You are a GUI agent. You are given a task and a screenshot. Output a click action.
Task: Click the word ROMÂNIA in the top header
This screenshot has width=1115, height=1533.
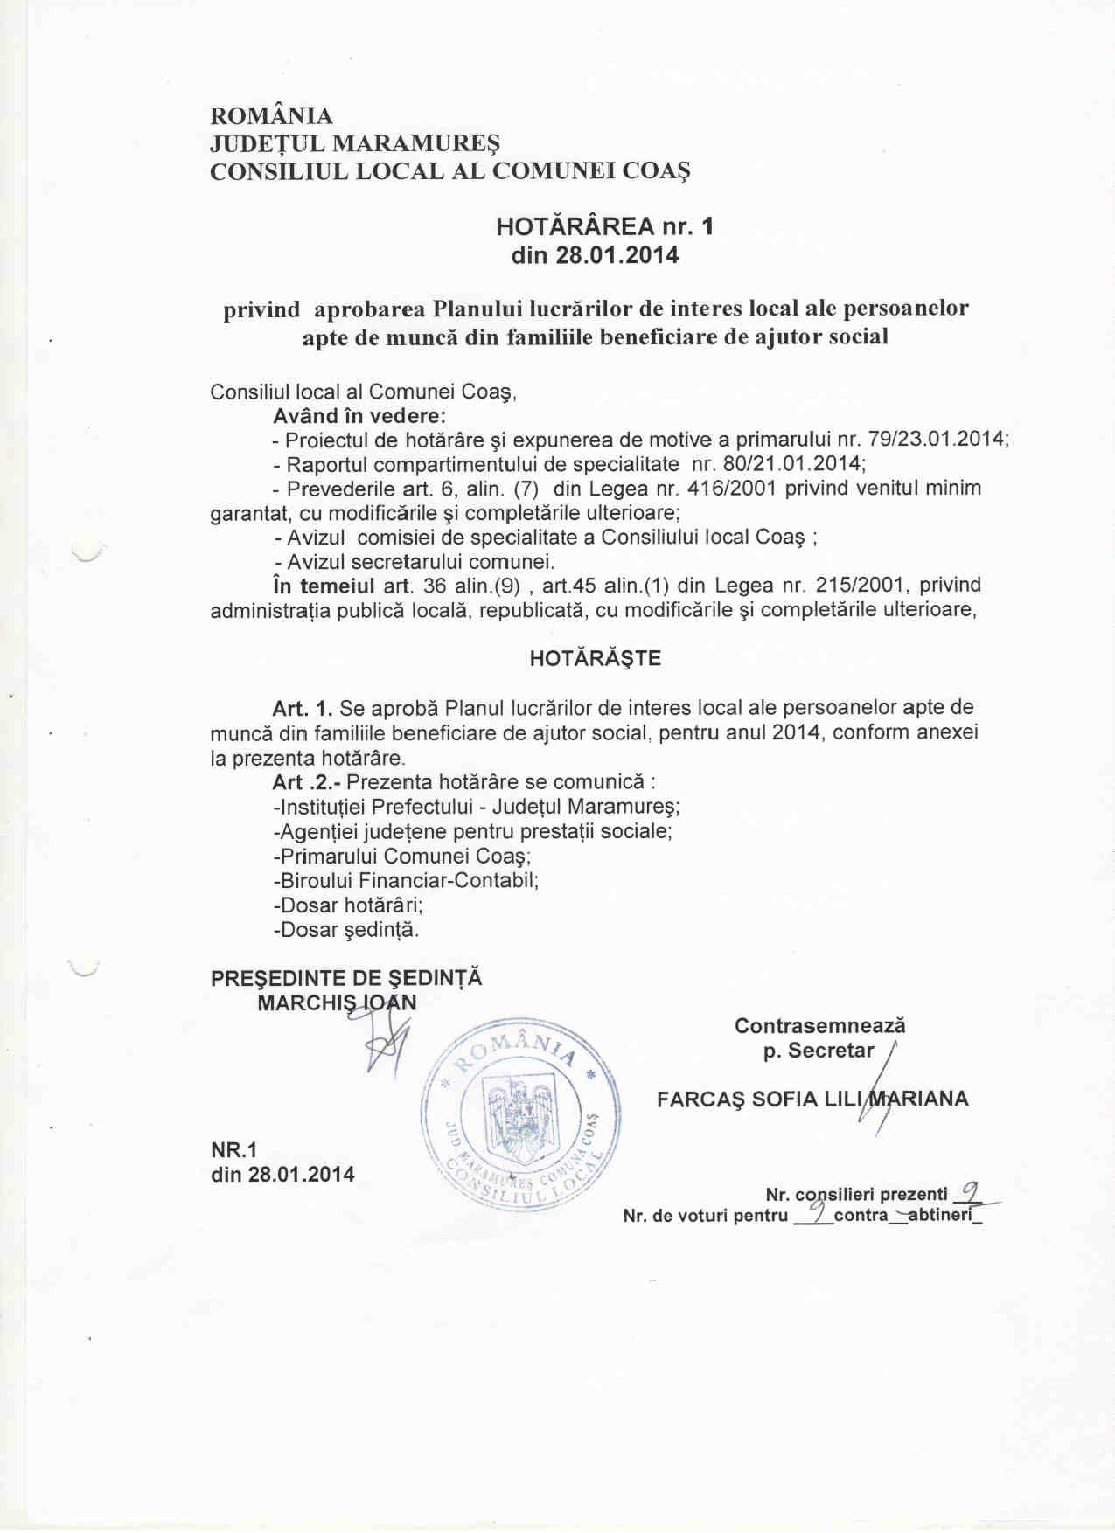[271, 116]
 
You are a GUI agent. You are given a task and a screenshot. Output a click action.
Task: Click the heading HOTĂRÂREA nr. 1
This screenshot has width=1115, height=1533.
[604, 227]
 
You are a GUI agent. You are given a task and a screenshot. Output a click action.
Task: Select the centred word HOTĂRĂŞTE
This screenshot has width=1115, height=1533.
[595, 659]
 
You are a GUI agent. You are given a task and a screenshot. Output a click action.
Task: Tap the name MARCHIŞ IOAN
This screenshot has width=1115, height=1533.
[337, 1002]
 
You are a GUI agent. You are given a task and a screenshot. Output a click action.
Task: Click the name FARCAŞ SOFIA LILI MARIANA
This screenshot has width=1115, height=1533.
[812, 1099]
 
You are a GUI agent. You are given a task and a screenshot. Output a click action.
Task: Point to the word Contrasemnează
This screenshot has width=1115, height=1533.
[819, 1026]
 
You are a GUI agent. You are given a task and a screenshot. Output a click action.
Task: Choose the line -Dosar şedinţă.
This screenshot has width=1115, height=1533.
[346, 930]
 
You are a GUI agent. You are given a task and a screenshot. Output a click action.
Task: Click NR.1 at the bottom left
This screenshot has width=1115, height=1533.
[234, 1149]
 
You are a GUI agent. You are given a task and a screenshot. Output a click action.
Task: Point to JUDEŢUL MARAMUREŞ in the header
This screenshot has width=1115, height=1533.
[354, 142]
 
